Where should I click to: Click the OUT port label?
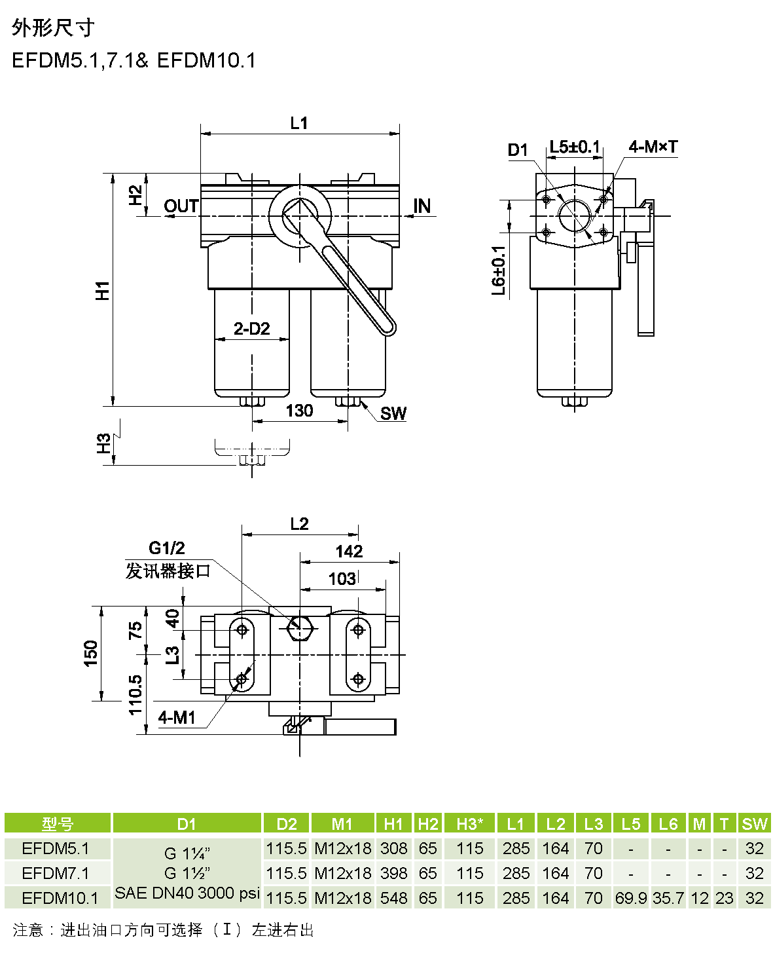point(181,206)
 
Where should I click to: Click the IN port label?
point(422,206)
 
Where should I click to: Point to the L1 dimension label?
point(298,122)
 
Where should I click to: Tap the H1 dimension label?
point(103,290)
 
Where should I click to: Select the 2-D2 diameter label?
point(251,328)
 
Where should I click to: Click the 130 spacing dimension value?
point(299,411)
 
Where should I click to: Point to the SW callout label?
point(393,413)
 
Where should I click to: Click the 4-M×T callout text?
point(653,147)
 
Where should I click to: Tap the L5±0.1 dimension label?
point(574,147)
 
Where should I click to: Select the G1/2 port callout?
point(166,548)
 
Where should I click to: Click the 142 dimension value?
point(349,551)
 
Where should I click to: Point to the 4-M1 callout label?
point(177,718)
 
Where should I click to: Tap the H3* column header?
point(469,824)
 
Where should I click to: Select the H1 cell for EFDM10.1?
point(393,898)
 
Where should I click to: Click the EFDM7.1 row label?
point(56,873)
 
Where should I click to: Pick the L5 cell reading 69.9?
point(631,898)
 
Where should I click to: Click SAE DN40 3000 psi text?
point(187,893)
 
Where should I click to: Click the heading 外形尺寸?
point(53,28)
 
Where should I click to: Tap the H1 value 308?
point(393,848)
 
